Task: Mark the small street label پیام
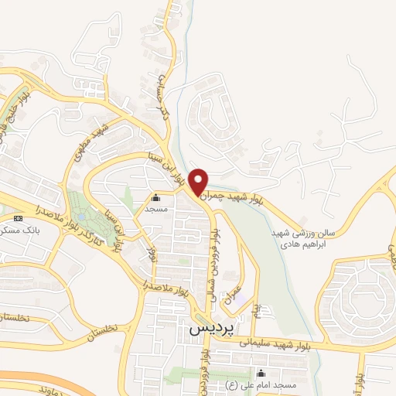(x=256, y=311)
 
